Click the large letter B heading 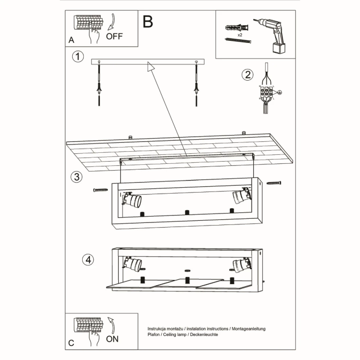pos(148,22)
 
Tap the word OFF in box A pos(115,36)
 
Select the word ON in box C pos(112,339)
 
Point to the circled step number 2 pos(247,74)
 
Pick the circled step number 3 pos(77,177)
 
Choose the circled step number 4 pos(89,259)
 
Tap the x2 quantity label pos(239,34)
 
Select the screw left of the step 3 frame pos(100,190)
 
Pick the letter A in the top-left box pos(71,40)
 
